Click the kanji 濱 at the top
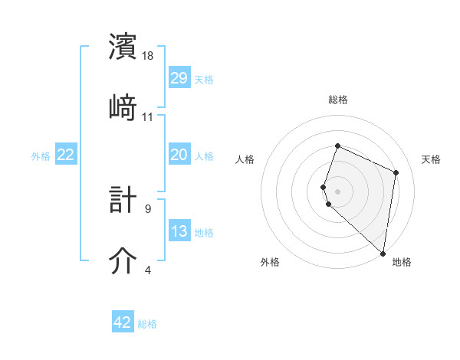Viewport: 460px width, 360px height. click(124, 47)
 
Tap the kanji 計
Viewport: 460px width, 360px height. click(124, 200)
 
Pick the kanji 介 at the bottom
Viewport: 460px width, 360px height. click(124, 260)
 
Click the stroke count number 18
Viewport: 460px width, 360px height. click(149, 56)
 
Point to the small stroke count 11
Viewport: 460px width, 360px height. click(149, 116)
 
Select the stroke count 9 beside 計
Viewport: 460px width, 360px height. click(148, 208)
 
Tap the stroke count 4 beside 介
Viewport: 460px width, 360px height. click(148, 270)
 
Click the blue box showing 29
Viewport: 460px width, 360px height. click(179, 78)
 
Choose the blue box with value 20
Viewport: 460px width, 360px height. click(179, 155)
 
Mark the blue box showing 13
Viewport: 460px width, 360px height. click(179, 231)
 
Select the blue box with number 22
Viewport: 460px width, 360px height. click(66, 155)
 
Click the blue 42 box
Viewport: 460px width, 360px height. click(123, 322)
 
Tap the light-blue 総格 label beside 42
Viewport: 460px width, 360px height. click(147, 324)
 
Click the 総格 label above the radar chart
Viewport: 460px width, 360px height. click(337, 100)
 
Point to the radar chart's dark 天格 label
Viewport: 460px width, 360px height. click(431, 159)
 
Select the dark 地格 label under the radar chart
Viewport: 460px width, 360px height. click(402, 262)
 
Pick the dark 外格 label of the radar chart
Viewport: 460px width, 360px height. click(270, 262)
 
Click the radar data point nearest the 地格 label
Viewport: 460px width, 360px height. click(383, 254)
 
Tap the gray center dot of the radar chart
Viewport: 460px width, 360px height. click(337, 190)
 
